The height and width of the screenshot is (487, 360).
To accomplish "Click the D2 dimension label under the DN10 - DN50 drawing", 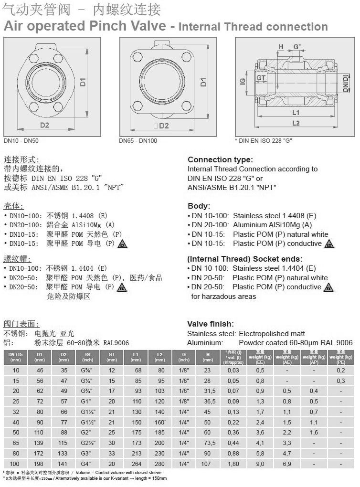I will pyautogui.click(x=44, y=125).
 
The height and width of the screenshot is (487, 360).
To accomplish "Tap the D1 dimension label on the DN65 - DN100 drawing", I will pyautogui.click(x=204, y=82).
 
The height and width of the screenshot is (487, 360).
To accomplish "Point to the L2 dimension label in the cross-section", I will pyautogui.click(x=296, y=123).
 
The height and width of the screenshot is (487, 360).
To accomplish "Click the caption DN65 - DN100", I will pyautogui.click(x=138, y=141).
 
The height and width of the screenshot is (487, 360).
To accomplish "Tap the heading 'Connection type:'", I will pyautogui.click(x=220, y=159).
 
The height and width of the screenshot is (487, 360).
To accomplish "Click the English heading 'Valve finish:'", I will pyautogui.click(x=211, y=324).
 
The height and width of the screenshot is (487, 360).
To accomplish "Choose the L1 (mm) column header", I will pyautogui.click(x=136, y=357).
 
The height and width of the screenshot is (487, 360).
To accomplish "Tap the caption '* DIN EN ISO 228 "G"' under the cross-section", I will pyautogui.click(x=264, y=141).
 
